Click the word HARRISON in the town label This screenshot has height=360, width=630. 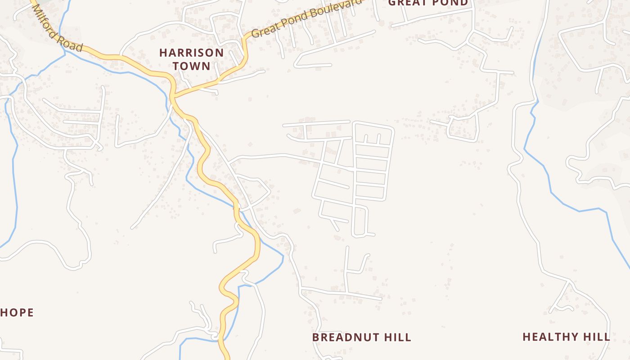(x=191, y=53)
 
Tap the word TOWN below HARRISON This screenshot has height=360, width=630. (x=191, y=66)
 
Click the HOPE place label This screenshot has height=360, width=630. (x=17, y=312)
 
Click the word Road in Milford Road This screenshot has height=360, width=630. (x=73, y=44)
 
